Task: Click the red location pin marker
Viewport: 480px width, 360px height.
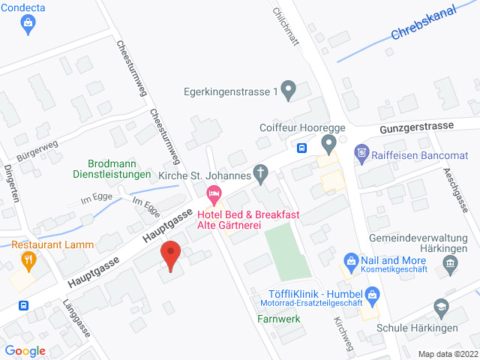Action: pyautogui.click(x=172, y=256)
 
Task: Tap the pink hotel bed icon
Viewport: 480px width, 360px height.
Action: pyautogui.click(x=214, y=196)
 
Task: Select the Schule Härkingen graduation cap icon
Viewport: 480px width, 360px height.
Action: pyautogui.click(x=441, y=308)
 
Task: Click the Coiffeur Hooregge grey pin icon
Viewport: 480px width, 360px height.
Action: pyautogui.click(x=328, y=142)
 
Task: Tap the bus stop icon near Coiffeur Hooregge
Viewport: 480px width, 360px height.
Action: pyautogui.click(x=301, y=147)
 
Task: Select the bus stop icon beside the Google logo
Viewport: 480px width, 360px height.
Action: pyautogui.click(x=24, y=306)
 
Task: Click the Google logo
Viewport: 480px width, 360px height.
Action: pyautogui.click(x=25, y=351)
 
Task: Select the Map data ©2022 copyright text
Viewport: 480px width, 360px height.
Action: pyautogui.click(x=447, y=354)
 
